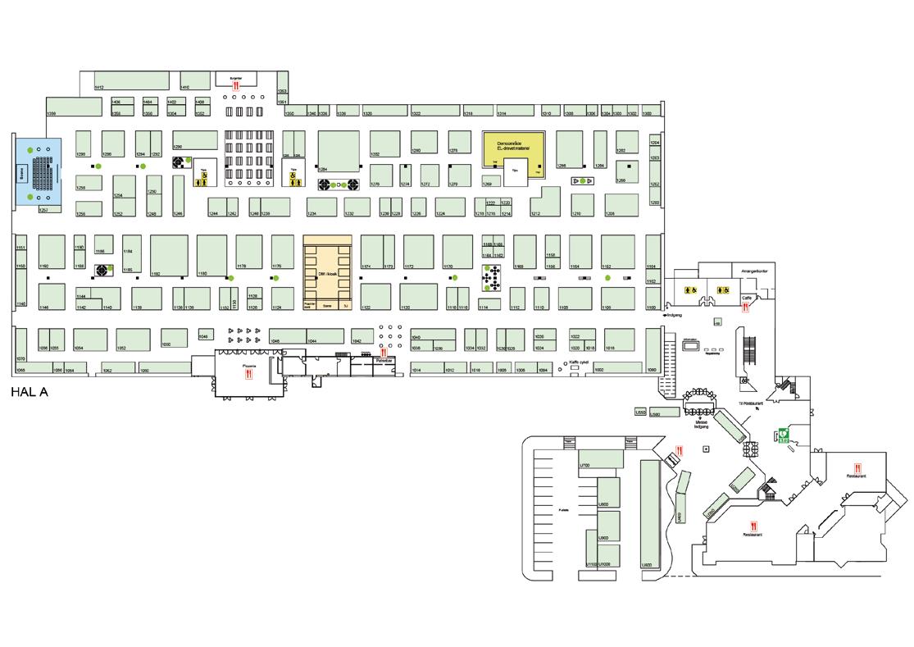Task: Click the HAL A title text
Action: pos(30,392)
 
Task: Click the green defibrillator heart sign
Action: pos(783,435)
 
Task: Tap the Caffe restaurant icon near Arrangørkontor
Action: pos(745,308)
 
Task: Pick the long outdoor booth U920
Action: pos(650,513)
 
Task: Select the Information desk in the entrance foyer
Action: pos(692,347)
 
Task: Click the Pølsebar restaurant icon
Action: pos(383,353)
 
